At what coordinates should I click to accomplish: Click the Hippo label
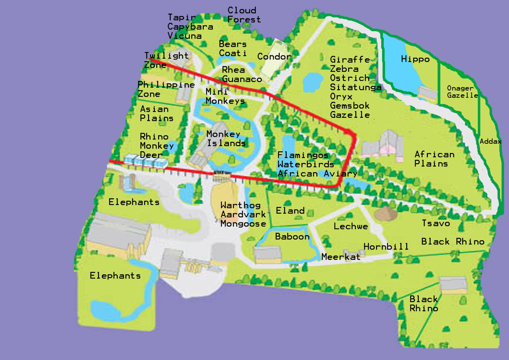(x=415, y=59)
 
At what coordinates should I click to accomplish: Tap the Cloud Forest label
(x=244, y=15)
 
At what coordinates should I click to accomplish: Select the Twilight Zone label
(x=166, y=60)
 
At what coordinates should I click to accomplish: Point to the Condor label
(x=274, y=57)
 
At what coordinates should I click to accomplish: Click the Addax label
(x=490, y=141)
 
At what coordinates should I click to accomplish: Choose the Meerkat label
(x=341, y=257)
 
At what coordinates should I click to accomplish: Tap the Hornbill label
(x=386, y=247)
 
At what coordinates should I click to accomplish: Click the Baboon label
(x=292, y=236)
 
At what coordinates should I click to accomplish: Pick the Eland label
(x=290, y=211)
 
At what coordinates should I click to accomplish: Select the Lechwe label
(x=350, y=226)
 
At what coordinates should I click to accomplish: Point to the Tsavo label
(x=436, y=223)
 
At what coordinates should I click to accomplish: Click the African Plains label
(x=434, y=159)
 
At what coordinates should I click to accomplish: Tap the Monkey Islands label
(x=226, y=138)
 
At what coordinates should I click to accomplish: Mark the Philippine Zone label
(x=166, y=89)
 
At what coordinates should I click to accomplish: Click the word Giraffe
(x=350, y=60)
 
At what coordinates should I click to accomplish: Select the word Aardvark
(x=243, y=215)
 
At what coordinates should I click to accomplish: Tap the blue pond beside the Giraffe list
(x=312, y=82)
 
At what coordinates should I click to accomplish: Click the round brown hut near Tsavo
(x=385, y=213)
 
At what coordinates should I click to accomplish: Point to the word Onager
(x=460, y=88)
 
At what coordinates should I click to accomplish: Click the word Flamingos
(x=303, y=155)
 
